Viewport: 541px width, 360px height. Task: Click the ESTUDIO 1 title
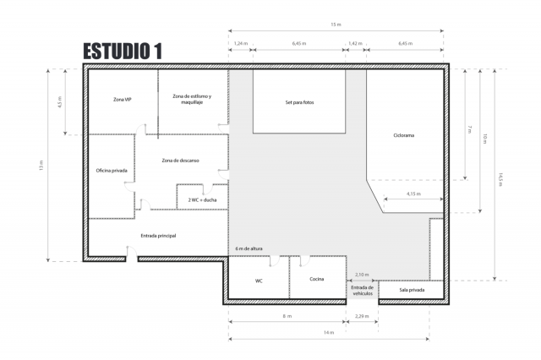(123, 51)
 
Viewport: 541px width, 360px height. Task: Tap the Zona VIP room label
(123, 100)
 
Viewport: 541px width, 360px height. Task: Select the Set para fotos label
(299, 102)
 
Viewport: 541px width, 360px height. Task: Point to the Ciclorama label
(404, 135)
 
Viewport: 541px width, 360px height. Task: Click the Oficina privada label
(112, 171)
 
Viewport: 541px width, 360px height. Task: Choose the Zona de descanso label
(180, 160)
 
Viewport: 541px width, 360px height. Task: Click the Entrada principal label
(157, 235)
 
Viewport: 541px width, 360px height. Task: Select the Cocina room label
(317, 279)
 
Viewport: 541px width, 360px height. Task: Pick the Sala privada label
(410, 290)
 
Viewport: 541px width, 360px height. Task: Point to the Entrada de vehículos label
(362, 291)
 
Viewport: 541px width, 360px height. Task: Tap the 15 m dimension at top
(336, 25)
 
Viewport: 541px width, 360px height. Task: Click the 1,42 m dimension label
(355, 41)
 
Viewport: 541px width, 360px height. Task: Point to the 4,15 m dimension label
(413, 194)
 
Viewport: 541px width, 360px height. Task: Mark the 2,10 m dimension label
(362, 275)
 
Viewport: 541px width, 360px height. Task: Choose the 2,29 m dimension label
(362, 316)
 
